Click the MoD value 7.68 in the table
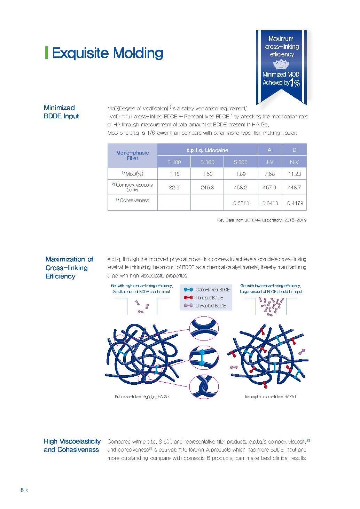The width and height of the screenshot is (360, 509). coord(269,174)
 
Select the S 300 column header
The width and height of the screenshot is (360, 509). coord(207,162)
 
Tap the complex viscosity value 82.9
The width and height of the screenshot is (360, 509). coord(174,187)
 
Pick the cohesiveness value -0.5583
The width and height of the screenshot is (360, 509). coord(240,203)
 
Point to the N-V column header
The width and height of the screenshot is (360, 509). coord(294,162)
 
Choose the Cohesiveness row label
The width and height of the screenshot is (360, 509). coord(132,201)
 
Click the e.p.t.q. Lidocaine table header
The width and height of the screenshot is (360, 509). coord(207,150)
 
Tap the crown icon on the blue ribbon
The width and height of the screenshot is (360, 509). coord(281,65)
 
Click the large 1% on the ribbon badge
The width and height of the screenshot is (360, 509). coord(295,83)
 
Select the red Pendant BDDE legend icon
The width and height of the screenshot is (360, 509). coord(188,298)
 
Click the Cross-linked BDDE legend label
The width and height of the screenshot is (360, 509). coord(212,290)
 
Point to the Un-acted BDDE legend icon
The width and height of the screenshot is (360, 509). coord(188,306)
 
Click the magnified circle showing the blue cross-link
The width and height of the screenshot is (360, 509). coord(204,358)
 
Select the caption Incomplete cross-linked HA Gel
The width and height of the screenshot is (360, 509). coord(270,397)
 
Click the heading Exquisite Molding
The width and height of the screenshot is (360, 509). coord(107,53)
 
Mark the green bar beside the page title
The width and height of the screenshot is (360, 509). coord(46,53)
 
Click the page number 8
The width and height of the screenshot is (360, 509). coord(22,490)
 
